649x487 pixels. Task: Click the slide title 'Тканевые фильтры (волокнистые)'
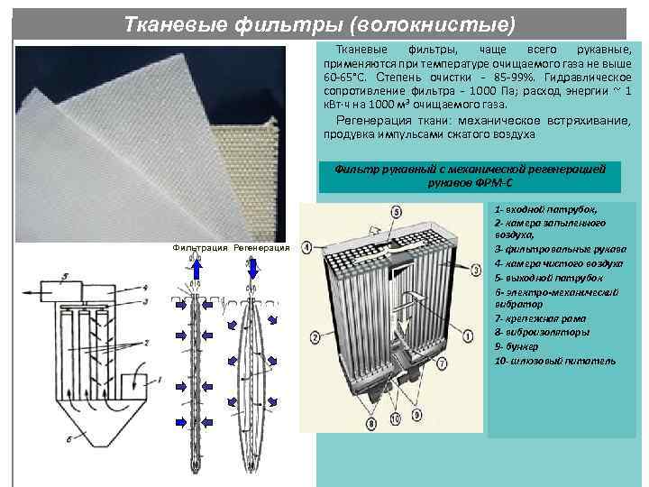pos(319,21)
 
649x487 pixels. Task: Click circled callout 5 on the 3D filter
pos(398,212)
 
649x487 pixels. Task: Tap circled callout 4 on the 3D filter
pos(307,246)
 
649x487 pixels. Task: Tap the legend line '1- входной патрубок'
pos(539,209)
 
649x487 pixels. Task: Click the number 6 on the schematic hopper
pos(69,440)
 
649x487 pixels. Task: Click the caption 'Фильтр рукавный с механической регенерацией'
pos(470,169)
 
